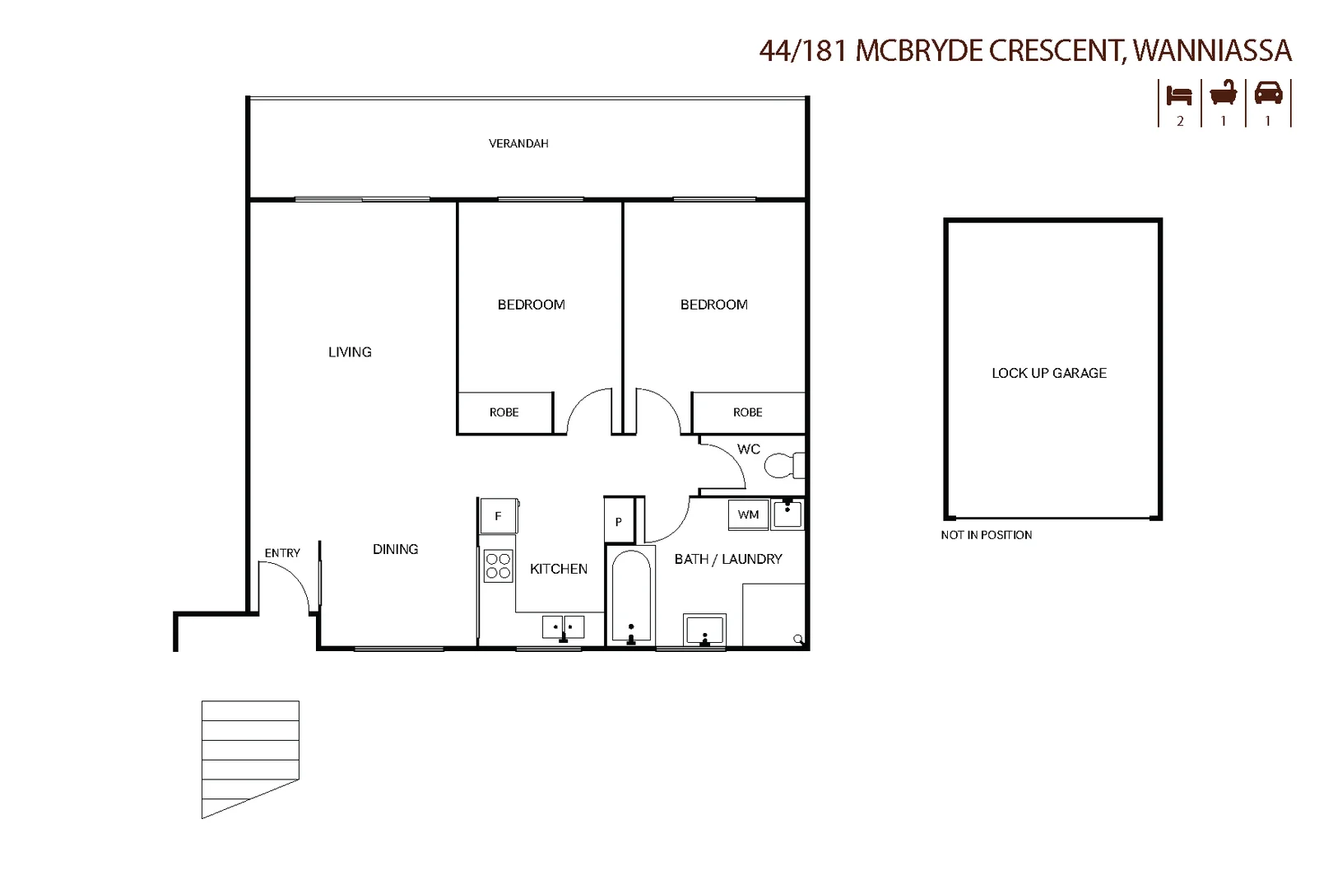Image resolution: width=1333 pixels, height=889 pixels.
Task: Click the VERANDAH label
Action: [518, 143]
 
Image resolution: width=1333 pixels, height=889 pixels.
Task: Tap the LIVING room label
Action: [350, 352]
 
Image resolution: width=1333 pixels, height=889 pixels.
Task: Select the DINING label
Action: [395, 549]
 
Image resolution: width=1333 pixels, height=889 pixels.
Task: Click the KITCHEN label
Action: [558, 569]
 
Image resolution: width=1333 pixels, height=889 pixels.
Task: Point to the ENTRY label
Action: [282, 553]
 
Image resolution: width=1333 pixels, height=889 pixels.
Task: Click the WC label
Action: [748, 449]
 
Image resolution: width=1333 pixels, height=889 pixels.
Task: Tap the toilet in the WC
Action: [784, 466]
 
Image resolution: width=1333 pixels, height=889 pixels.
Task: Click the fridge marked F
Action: [499, 515]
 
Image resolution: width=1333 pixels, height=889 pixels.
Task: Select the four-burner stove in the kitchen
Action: [498, 566]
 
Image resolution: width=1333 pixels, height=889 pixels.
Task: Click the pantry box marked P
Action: [619, 521]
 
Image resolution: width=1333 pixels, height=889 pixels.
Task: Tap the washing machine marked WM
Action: [748, 514]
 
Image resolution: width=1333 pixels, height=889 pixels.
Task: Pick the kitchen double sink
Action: [563, 627]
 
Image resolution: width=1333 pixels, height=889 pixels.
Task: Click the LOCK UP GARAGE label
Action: [1049, 374]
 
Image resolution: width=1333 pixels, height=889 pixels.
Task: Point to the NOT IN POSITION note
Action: [986, 535]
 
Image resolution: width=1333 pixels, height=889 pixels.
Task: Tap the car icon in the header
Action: [1268, 94]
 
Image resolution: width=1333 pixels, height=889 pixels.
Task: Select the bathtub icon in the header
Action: [1224, 94]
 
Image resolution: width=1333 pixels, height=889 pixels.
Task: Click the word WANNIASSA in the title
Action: [1212, 50]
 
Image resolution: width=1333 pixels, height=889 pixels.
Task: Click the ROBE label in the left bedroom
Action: [504, 412]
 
